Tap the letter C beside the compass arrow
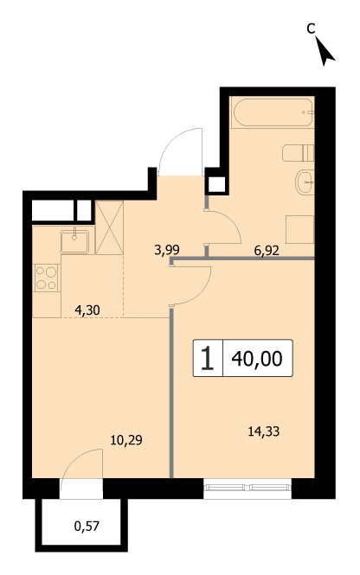point(312,29)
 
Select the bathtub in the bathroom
point(273,112)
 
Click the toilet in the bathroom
point(299,153)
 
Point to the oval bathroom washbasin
point(305,182)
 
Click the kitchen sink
point(74,241)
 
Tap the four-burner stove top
point(47,278)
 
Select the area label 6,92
point(267,251)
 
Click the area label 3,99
point(167,250)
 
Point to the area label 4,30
point(87,310)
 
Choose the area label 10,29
point(126,440)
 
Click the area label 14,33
point(263,431)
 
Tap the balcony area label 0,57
point(87,527)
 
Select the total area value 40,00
point(257,358)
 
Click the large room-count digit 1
point(208,358)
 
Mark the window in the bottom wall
point(247,488)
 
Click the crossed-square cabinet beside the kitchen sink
point(109,227)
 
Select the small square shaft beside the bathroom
point(216,185)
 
